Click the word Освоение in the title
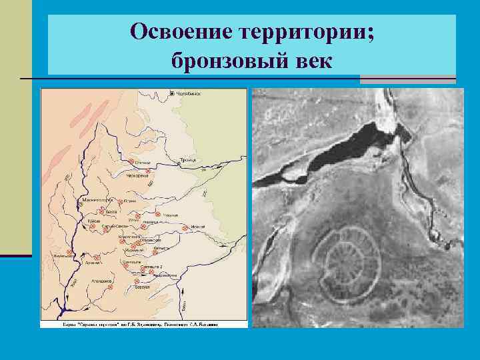(x=177, y=31)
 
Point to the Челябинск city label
(x=189, y=94)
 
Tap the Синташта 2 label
(x=155, y=267)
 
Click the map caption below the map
(x=143, y=323)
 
